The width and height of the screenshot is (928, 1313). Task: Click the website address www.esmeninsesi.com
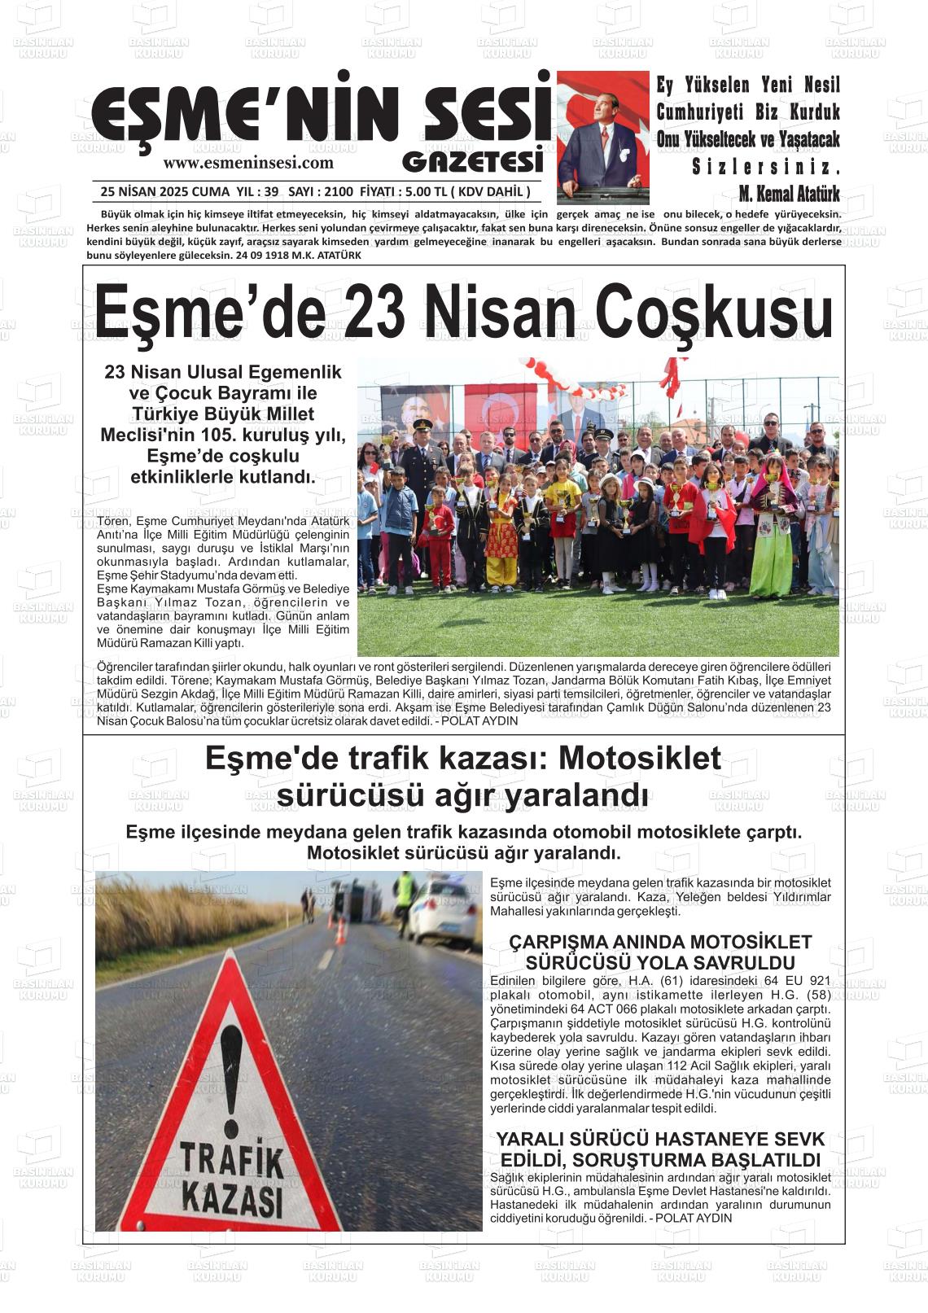pos(248,163)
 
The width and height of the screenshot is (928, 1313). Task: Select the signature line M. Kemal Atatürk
pos(788,195)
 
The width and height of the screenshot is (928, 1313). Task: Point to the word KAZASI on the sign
pos(232,1197)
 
